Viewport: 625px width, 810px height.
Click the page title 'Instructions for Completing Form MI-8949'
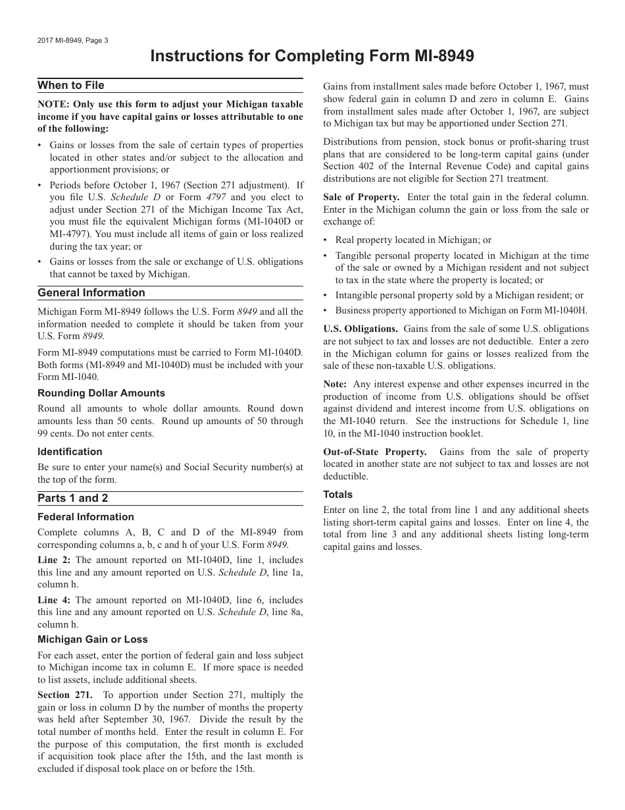point(312,56)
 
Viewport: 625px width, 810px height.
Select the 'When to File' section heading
point(70,86)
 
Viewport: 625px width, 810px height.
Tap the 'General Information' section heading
point(91,293)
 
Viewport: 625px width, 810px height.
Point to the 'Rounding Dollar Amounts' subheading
point(101,393)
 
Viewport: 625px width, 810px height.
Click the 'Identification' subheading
point(70,452)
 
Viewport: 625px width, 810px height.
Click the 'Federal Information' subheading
point(86,517)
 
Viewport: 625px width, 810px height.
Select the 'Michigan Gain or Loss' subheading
point(93,639)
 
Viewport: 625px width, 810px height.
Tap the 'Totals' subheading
point(337,495)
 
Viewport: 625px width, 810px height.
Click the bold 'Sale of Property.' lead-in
point(361,197)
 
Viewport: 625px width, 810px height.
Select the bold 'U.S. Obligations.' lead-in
point(361,329)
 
